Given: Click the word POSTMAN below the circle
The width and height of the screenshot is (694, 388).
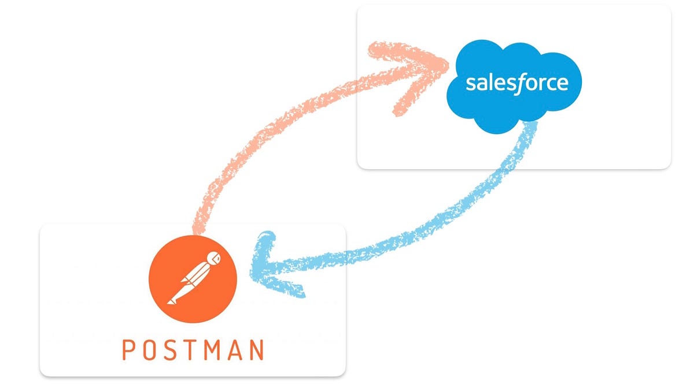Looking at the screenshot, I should click(x=193, y=350).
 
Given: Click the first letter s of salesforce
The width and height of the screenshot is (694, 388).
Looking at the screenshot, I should click(x=470, y=84).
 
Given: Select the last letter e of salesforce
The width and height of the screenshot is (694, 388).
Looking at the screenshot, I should click(x=562, y=84).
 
